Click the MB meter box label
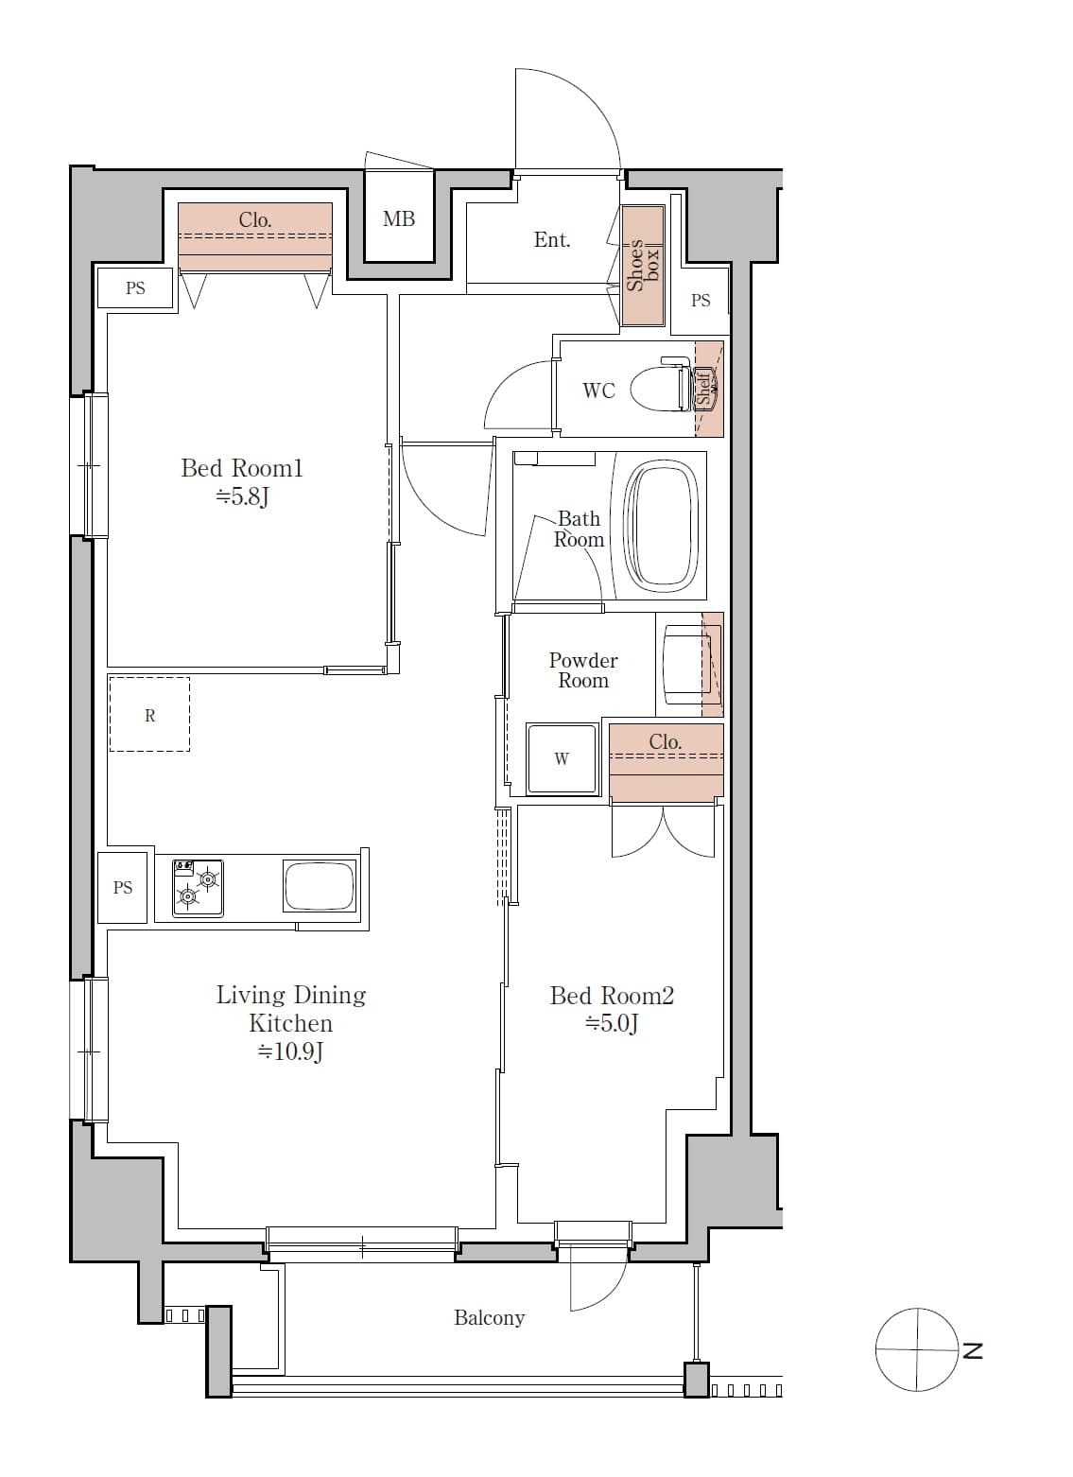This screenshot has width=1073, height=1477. tap(399, 219)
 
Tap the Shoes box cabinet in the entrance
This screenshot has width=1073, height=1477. tap(643, 266)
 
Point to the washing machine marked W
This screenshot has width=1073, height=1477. tap(562, 758)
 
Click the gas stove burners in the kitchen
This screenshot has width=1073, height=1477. tap(198, 888)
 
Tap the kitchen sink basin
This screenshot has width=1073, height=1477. tap(320, 887)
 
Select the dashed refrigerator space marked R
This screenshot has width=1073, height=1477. tap(149, 715)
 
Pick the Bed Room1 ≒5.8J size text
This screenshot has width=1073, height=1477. tap(243, 496)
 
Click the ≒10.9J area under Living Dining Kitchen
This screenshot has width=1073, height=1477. tap(291, 1051)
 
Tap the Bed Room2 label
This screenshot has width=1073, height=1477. tap(612, 996)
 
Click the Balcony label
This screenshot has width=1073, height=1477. tap(489, 1317)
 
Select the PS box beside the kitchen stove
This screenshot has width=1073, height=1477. tap(123, 887)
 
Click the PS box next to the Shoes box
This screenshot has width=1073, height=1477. tap(700, 301)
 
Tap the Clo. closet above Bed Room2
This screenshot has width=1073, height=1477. tap(666, 762)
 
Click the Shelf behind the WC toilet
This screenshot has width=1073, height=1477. tap(707, 389)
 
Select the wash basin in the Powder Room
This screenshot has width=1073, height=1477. tap(685, 664)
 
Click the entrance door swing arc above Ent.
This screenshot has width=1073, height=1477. tap(577, 113)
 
